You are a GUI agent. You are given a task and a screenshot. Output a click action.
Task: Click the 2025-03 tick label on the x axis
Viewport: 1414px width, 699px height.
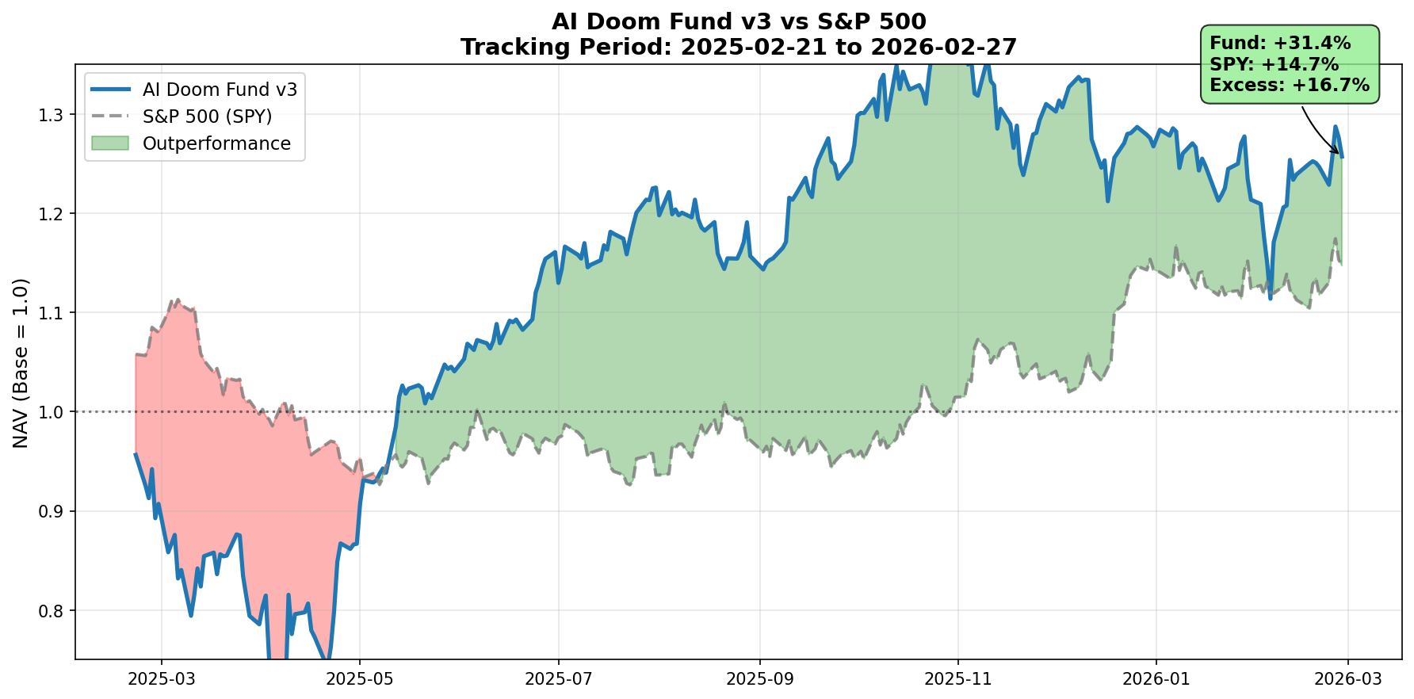[162, 679]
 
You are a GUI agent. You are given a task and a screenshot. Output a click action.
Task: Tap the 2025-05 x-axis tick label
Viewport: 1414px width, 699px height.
[360, 679]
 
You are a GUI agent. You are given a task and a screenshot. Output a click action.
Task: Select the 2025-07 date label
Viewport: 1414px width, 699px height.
[559, 679]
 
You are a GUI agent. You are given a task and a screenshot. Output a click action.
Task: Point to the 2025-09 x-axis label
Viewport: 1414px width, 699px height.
[760, 679]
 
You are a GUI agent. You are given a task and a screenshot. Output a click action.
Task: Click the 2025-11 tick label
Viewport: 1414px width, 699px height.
[958, 679]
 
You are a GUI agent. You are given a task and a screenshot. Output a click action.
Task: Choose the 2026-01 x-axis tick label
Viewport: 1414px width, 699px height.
[1156, 679]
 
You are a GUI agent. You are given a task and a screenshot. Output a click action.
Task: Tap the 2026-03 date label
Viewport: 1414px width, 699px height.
[1348, 679]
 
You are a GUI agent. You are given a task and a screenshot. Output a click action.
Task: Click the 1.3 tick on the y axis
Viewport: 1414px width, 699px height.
[53, 115]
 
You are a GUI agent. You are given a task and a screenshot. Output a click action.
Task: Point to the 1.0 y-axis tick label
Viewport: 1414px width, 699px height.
[53, 412]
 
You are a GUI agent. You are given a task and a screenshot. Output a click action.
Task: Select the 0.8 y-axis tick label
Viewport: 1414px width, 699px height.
[53, 610]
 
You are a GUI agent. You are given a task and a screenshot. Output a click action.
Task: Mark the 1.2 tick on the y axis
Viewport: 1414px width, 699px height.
[53, 214]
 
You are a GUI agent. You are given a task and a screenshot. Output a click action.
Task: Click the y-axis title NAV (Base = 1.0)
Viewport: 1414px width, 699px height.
[21, 362]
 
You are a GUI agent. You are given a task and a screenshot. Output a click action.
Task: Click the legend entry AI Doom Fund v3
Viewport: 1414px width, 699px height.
[220, 90]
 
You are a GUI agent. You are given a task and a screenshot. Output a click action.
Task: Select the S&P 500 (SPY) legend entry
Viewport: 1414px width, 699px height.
[207, 116]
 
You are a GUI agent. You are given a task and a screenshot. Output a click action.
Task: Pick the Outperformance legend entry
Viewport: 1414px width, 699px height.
[216, 143]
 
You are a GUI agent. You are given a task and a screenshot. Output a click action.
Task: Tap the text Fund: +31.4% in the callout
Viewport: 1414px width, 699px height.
[1280, 44]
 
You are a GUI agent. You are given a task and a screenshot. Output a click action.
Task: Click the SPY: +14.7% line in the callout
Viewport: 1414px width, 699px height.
[1274, 64]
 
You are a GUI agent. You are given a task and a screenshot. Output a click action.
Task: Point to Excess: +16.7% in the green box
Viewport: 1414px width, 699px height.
[1290, 85]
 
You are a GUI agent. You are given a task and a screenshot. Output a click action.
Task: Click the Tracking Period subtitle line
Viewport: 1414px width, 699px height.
[739, 48]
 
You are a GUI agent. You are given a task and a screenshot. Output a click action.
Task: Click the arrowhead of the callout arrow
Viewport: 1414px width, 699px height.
[1339, 154]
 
